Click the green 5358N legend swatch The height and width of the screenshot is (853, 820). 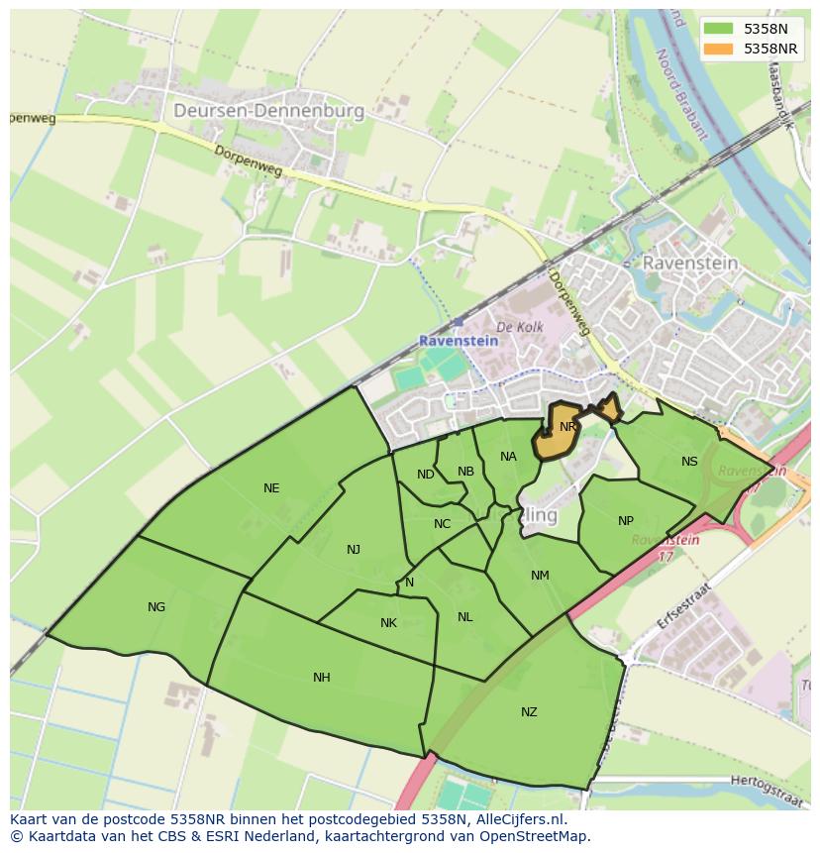pyautogui.click(x=719, y=29)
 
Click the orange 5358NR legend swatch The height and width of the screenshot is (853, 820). pyautogui.click(x=719, y=49)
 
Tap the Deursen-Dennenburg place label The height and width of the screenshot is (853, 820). pyautogui.click(x=268, y=111)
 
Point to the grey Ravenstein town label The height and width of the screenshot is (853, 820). pyautogui.click(x=690, y=263)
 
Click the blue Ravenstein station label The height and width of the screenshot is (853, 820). pyautogui.click(x=459, y=340)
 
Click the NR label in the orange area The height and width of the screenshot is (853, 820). pyautogui.click(x=567, y=427)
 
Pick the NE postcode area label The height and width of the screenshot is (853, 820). pyautogui.click(x=271, y=487)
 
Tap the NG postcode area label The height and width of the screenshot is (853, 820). pyautogui.click(x=156, y=607)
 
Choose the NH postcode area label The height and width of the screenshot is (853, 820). pyautogui.click(x=322, y=678)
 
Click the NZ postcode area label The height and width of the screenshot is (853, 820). pyautogui.click(x=529, y=711)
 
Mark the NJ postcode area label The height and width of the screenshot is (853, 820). pyautogui.click(x=354, y=550)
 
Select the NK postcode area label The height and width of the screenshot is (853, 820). pyautogui.click(x=388, y=623)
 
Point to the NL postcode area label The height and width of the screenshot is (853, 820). pyautogui.click(x=465, y=617)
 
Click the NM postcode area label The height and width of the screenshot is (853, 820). pyautogui.click(x=540, y=576)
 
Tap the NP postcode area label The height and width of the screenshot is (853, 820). pyautogui.click(x=626, y=521)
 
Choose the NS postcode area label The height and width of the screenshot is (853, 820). pyautogui.click(x=689, y=461)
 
